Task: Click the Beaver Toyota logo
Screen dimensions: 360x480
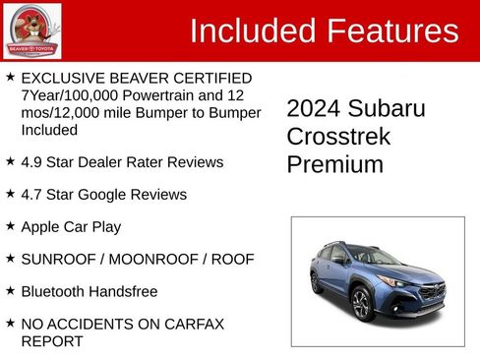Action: pos(31,30)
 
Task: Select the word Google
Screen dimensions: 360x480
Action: pos(109,195)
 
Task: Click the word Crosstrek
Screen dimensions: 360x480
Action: pos(338,137)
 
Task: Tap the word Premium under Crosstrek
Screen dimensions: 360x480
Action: pos(335,164)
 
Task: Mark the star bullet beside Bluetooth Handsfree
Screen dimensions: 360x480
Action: pos(10,291)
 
